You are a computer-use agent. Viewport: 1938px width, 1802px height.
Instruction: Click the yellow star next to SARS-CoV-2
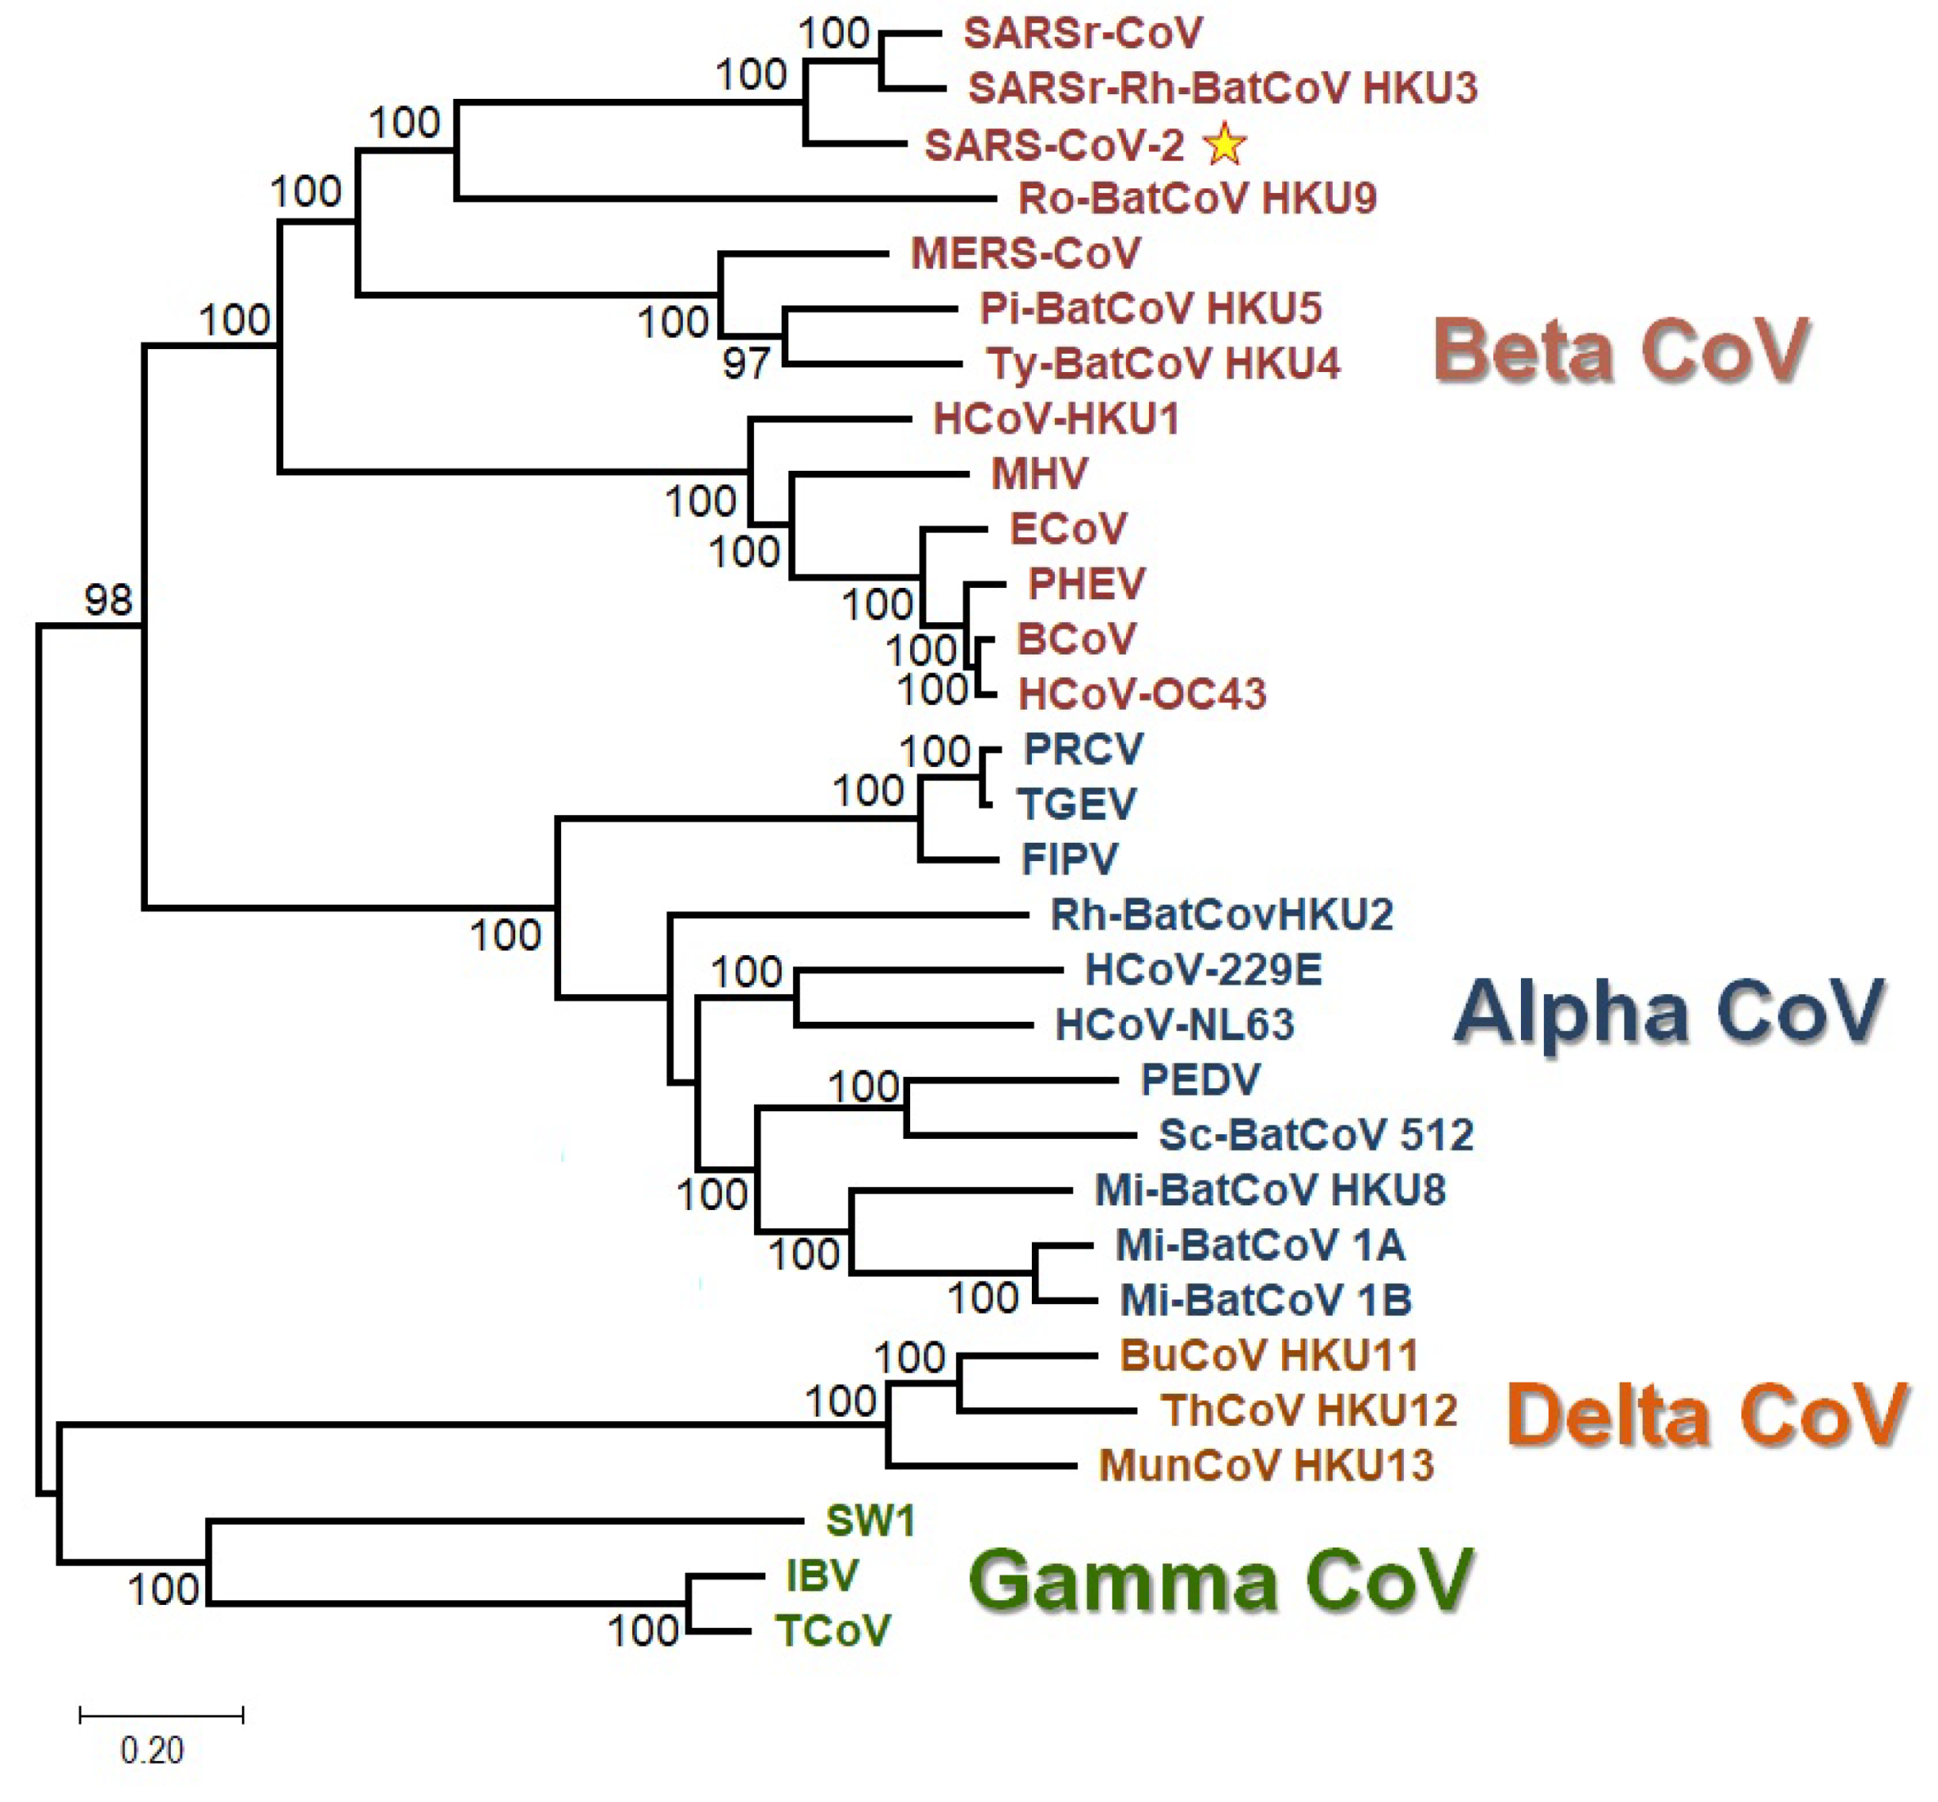(x=1224, y=146)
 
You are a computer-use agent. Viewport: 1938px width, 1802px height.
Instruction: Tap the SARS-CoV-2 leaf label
(x=1054, y=146)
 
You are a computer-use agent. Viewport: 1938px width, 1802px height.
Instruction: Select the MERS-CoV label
(x=1025, y=253)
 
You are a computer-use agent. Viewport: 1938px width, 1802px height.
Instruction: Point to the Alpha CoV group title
(x=1669, y=1012)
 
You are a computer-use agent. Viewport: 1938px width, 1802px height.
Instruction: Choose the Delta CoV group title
(x=1706, y=1415)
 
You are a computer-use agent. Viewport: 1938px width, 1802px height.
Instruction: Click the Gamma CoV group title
(x=1220, y=1580)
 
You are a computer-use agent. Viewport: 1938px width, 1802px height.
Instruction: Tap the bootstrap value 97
(x=745, y=364)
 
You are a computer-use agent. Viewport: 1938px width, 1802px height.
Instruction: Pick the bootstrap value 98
(x=108, y=600)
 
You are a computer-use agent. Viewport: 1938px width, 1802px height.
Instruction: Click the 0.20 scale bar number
(x=151, y=1751)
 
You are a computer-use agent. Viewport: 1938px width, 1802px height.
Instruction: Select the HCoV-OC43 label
(x=1142, y=694)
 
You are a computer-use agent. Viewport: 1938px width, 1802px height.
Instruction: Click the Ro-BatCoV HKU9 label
(x=1197, y=199)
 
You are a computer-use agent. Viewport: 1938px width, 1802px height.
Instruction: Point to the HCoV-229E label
(x=1203, y=969)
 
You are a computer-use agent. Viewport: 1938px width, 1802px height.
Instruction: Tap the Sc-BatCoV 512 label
(x=1315, y=1135)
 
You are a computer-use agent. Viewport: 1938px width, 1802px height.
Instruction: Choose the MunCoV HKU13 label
(x=1266, y=1465)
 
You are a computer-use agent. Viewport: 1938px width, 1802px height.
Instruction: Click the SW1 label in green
(x=870, y=1520)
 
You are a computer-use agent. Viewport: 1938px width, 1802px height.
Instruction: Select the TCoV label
(x=832, y=1630)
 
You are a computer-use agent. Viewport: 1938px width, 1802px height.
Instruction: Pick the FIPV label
(x=1069, y=859)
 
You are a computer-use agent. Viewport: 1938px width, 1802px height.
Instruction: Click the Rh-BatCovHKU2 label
(x=1222, y=915)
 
